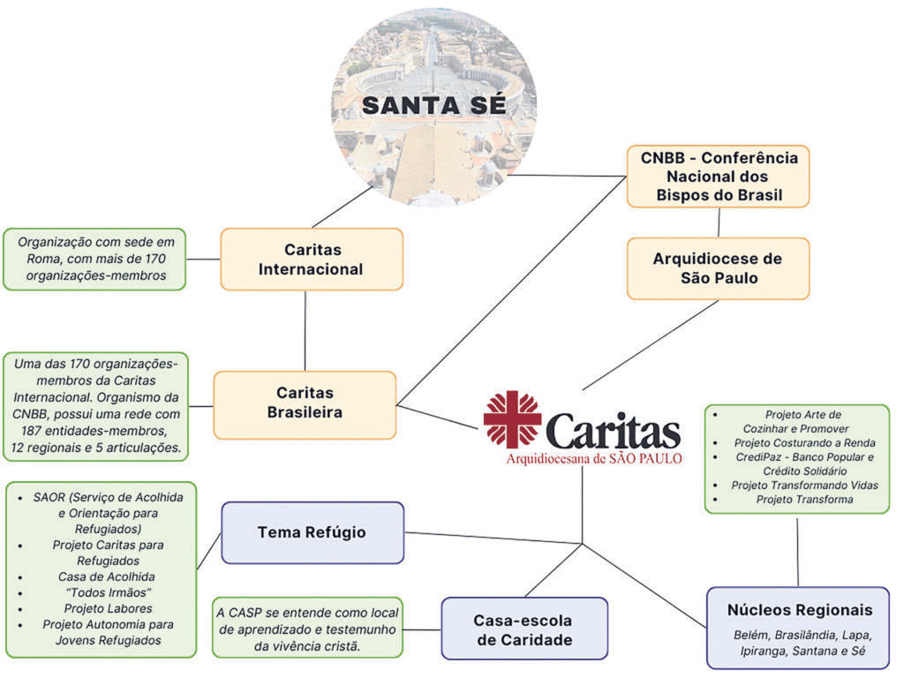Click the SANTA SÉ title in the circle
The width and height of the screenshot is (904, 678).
click(434, 105)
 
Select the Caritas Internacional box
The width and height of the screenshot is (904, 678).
click(312, 260)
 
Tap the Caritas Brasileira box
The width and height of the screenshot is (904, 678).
click(305, 404)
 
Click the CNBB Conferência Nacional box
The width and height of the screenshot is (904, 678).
click(718, 177)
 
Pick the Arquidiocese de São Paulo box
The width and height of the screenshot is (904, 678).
click(718, 268)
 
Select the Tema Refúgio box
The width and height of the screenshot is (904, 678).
click(312, 532)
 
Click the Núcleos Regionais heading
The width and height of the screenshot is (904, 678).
click(800, 610)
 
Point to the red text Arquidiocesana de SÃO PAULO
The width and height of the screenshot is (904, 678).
click(593, 459)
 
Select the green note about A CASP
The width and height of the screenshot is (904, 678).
click(307, 629)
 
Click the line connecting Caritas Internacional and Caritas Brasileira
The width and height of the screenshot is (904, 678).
click(305, 331)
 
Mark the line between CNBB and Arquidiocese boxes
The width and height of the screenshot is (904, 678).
click(718, 222)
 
